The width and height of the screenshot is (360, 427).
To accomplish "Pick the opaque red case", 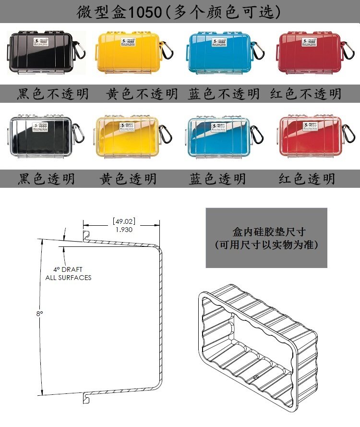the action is (310, 53).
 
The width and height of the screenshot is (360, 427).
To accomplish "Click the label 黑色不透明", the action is (53, 94).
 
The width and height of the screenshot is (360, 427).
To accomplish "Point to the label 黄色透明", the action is (128, 179).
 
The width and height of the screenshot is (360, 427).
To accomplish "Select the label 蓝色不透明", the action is (224, 94).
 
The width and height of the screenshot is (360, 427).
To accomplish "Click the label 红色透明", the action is (307, 179).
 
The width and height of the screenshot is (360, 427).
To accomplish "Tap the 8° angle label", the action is (39, 314).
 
